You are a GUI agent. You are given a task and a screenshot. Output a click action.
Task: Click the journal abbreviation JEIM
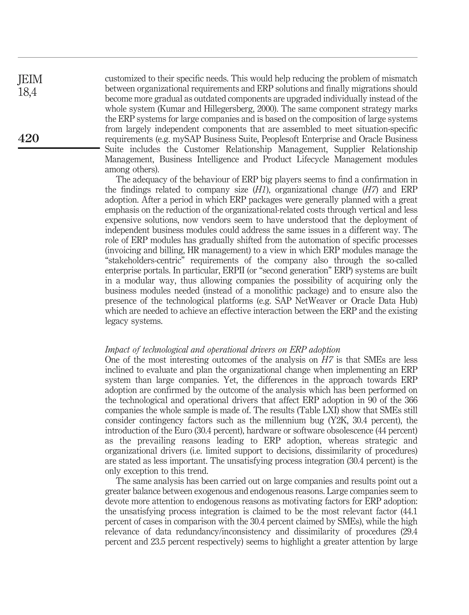coord(30,80)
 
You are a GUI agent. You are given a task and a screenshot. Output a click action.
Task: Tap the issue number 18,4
coord(27,92)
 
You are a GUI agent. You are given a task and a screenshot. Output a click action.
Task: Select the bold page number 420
coord(29,138)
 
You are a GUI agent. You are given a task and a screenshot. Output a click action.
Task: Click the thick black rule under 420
coord(59,148)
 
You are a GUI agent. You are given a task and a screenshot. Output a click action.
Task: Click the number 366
coord(410,400)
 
